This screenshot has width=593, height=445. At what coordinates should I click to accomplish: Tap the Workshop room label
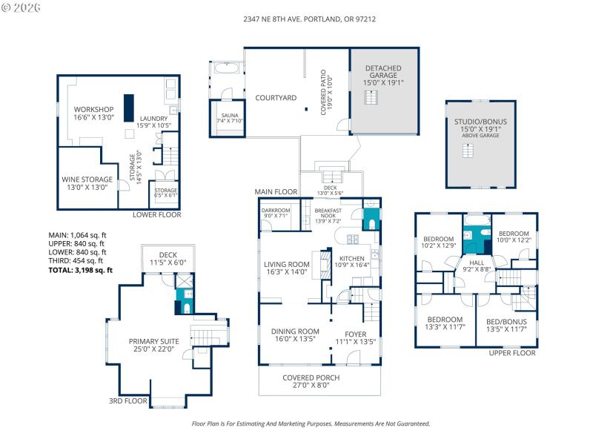coord(92,113)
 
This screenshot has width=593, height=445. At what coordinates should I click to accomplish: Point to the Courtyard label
coord(276,98)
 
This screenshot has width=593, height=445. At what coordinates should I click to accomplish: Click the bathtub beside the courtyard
coord(225,69)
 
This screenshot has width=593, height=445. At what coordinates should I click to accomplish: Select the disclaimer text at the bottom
coord(311,423)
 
